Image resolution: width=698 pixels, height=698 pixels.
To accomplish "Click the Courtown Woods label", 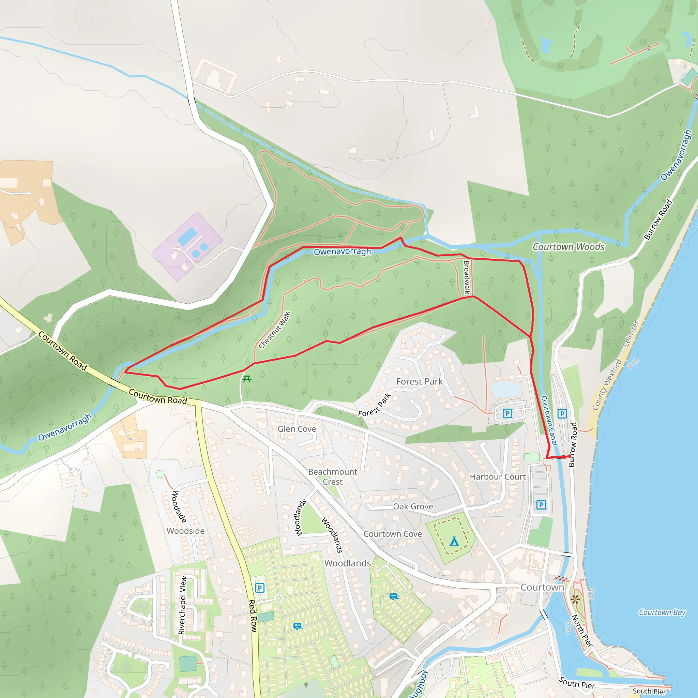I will [x=568, y=247].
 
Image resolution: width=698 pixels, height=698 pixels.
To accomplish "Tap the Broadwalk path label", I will [x=467, y=277].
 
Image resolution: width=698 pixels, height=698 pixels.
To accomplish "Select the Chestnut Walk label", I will [x=275, y=330].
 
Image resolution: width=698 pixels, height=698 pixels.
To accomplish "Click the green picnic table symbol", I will [x=247, y=379].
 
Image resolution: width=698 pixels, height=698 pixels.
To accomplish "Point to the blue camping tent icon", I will [x=454, y=541].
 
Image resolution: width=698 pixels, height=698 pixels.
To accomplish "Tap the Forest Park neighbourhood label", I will [x=419, y=381].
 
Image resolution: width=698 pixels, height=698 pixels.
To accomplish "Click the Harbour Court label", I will [x=498, y=477].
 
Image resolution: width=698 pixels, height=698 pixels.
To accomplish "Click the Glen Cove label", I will [x=297, y=429].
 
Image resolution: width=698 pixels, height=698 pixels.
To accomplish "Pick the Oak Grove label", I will [x=413, y=506].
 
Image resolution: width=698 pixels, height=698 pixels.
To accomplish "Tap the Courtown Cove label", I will [x=393, y=534].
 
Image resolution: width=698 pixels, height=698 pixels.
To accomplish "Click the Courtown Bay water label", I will [x=662, y=612].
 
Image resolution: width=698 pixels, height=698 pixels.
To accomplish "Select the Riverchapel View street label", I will [x=182, y=605].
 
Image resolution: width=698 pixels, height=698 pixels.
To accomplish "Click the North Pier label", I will [x=582, y=630].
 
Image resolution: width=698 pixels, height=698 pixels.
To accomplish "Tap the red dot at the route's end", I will [x=570, y=456].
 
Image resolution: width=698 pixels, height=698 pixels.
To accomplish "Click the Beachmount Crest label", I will [x=332, y=476].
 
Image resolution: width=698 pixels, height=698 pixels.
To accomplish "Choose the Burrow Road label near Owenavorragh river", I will [x=658, y=220].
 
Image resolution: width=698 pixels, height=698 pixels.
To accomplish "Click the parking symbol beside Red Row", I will [x=259, y=588].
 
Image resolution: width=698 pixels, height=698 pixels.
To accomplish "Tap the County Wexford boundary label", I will [x=607, y=384].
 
